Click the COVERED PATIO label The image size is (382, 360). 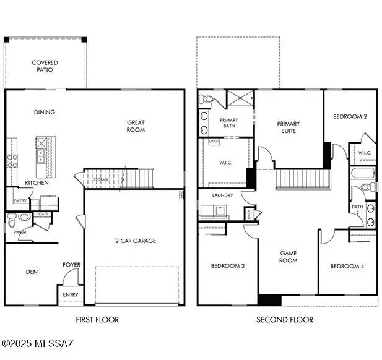tap(45, 66)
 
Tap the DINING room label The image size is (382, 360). tap(45, 112)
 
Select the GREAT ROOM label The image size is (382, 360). tap(136, 126)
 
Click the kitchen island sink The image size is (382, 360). tap(41, 155)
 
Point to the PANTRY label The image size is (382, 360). tap(20, 200)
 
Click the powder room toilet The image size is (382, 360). tap(23, 217)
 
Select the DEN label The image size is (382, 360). tap(32, 271)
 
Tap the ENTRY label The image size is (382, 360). tap(71, 294)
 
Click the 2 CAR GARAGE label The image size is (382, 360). tap(136, 241)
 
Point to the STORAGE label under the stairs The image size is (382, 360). tap(102, 179)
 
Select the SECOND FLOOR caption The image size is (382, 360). tap(285, 320)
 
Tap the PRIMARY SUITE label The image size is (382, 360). tap(287, 127)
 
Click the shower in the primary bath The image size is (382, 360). tap(240, 99)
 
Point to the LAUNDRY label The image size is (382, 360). tap(222, 195)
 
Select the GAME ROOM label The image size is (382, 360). tap(289, 257)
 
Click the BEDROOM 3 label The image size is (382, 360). tap(227, 266)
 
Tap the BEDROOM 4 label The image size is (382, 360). tap(347, 266)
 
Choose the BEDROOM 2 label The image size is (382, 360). tap(350, 116)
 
